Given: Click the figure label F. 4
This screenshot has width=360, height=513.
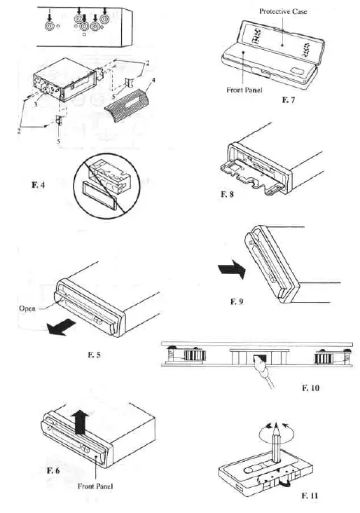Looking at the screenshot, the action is tap(39, 185).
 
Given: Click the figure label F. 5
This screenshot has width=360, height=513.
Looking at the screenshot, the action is tap(94, 355).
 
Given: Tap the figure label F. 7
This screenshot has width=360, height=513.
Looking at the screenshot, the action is tap(288, 100).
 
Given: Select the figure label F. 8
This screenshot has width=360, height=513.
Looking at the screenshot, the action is tap(227, 194).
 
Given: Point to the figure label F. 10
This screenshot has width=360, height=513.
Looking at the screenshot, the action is tap(310, 388).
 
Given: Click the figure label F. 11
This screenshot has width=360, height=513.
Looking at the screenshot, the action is tap(310, 495).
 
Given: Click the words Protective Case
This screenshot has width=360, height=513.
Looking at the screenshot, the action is tap(283, 11).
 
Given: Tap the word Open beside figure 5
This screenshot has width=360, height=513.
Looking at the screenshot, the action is tap(27, 308).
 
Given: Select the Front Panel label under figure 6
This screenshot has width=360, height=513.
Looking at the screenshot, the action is tap(95, 486).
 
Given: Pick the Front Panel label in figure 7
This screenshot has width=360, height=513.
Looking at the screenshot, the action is tap(244, 90).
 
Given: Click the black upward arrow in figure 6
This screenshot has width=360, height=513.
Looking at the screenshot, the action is tap(80, 423).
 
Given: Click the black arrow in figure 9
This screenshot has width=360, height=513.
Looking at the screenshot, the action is tap(232, 270).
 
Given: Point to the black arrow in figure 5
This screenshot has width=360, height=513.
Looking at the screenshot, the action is tap(60, 327).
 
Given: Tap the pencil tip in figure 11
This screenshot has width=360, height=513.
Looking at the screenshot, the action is tap(276, 424).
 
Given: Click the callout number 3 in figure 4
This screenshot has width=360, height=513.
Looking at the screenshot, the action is tap(36, 106).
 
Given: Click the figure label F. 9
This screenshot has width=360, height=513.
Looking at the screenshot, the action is tap(237, 301).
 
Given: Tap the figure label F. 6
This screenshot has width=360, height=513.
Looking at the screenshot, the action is tap(53, 470).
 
